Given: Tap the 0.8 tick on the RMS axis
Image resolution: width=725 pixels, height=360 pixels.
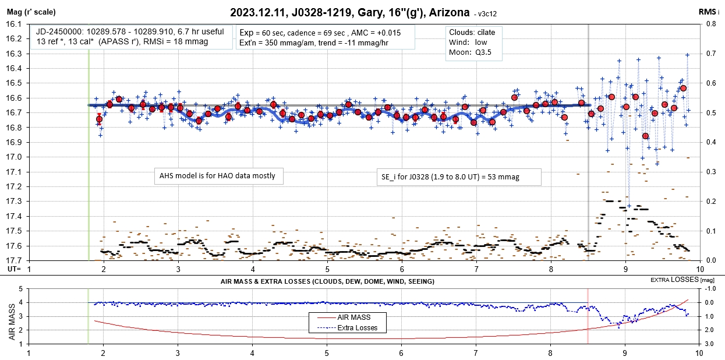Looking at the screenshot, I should (x=712, y=24).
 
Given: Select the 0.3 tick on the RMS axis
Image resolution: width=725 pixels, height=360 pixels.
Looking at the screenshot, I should (x=712, y=172).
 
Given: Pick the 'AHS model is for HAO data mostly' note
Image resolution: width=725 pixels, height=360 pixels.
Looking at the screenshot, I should (x=217, y=175).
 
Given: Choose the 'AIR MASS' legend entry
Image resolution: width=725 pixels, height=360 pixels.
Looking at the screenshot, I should (x=353, y=317).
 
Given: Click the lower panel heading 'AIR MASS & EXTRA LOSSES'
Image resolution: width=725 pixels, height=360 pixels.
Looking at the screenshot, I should (x=327, y=281).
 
